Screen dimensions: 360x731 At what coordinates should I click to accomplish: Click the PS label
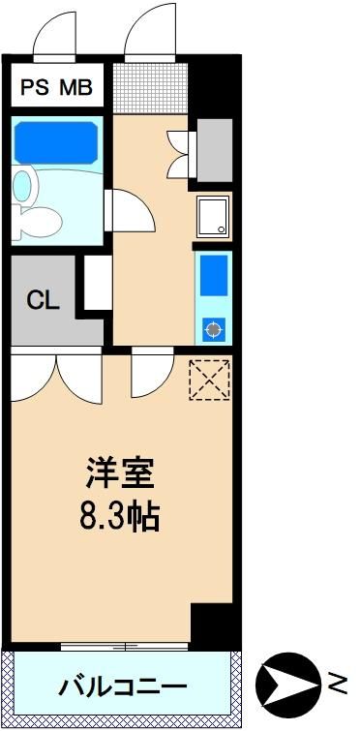tap(35, 87)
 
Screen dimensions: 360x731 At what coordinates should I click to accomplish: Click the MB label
tap(75, 87)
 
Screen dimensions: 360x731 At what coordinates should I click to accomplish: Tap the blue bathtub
tap(56, 142)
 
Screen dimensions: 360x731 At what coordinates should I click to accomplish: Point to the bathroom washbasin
tap(23, 186)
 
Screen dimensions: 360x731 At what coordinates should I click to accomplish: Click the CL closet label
tap(43, 301)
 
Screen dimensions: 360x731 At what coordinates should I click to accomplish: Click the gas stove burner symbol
tap(213, 329)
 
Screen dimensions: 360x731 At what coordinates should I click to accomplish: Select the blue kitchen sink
tap(214, 275)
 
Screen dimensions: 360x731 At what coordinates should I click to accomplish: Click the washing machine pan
tap(213, 217)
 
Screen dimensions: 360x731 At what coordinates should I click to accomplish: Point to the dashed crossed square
tap(210, 380)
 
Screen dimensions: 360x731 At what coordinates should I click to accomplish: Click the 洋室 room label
tap(120, 473)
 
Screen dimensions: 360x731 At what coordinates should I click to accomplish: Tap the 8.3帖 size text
tap(120, 515)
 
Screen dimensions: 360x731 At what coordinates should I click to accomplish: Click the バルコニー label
tap(123, 685)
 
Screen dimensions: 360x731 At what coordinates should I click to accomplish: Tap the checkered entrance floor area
tap(150, 88)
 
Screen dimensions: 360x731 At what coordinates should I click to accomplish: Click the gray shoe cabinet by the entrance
tap(215, 150)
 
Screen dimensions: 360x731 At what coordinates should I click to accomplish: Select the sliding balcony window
tap(124, 647)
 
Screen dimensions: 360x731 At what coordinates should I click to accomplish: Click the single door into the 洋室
tap(152, 372)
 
